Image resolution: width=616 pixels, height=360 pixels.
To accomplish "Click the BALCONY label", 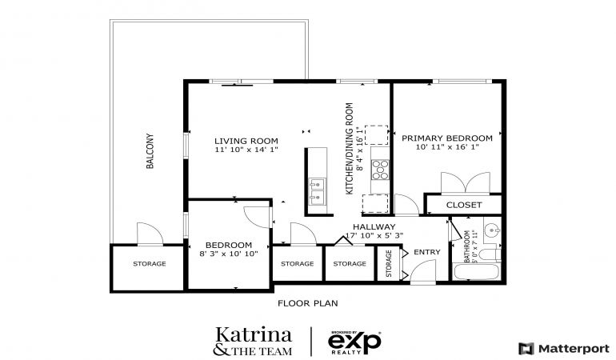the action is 150,151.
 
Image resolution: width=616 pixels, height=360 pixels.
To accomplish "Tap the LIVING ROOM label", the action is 246,141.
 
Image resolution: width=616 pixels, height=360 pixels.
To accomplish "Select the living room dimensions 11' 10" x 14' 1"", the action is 246,150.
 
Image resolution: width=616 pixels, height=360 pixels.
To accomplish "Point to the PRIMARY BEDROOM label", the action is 447,138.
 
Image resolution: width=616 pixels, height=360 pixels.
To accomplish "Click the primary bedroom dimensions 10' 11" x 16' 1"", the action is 447,147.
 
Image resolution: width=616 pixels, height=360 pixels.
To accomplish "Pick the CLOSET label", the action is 464,205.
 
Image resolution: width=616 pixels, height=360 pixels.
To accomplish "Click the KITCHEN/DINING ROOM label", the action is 350,149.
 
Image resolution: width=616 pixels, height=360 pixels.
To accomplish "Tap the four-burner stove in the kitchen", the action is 380,170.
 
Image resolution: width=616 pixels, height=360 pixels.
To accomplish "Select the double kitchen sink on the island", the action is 317,191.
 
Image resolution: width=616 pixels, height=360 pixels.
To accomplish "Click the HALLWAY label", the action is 374,226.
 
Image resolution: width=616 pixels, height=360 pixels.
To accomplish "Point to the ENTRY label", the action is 427,252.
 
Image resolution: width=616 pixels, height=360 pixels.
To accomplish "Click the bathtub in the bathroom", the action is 476,272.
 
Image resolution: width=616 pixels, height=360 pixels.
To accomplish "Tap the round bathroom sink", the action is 491,229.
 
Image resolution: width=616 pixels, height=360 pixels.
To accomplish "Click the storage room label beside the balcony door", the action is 150,264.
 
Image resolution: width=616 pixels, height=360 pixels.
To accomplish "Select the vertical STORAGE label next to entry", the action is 389,264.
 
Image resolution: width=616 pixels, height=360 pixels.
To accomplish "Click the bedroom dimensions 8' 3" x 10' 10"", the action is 229,254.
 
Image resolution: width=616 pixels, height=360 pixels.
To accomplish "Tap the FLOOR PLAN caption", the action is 308,303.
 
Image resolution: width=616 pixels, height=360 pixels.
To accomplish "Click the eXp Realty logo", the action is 354,342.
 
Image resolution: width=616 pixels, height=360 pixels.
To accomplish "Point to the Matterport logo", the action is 564,348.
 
